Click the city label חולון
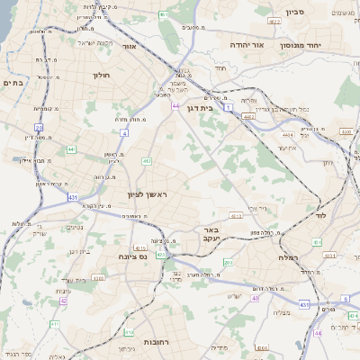pos(100,76)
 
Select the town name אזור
pos(128,46)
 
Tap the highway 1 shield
pos(229,107)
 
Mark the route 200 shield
pos(228,262)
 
